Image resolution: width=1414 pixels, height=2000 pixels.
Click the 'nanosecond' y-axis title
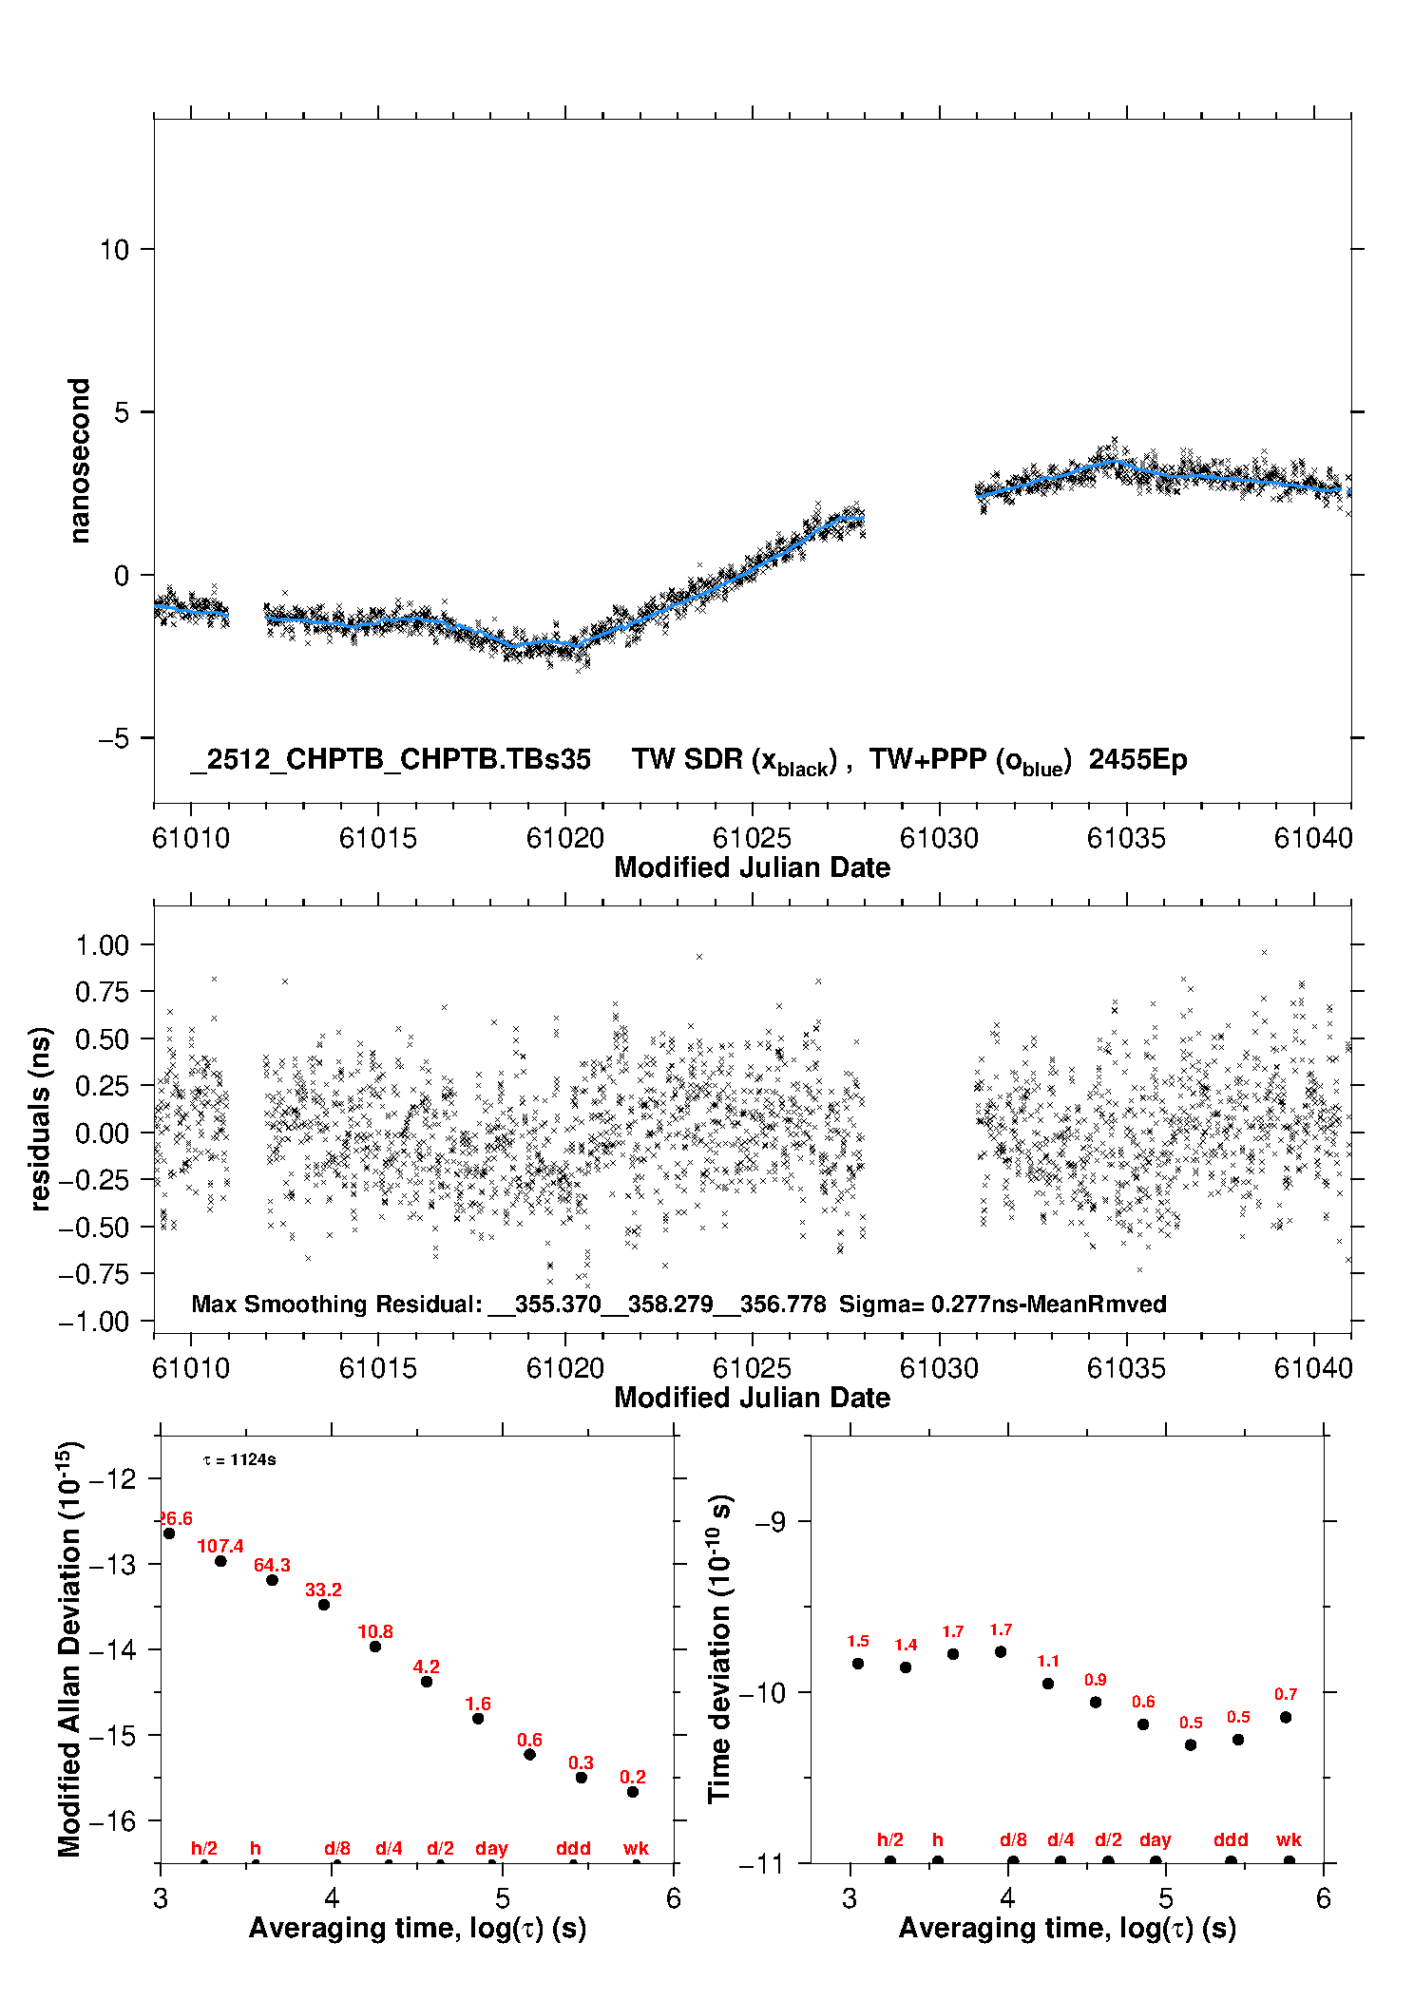[x=80, y=460]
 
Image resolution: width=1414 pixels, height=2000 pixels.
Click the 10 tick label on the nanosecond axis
[x=114, y=250]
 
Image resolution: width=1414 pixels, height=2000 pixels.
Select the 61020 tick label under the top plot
[x=565, y=838]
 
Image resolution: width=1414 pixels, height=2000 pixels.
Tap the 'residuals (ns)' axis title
[x=40, y=1118]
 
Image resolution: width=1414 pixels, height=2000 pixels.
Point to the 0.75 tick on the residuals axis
[x=102, y=992]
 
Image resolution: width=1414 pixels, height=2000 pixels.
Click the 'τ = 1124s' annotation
[x=239, y=1459]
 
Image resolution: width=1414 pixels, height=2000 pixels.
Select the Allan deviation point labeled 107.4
[x=220, y=1561]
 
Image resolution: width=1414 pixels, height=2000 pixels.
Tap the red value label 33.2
[x=323, y=1590]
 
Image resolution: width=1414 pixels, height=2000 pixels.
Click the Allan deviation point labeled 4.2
[x=427, y=1682]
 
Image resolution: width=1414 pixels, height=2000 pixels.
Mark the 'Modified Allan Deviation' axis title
[x=70, y=1648]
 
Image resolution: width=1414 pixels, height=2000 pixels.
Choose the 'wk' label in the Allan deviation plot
[x=636, y=1848]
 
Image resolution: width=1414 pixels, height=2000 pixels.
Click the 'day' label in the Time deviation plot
[x=1156, y=1839]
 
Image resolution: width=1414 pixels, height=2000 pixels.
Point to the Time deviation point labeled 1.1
[x=1048, y=1684]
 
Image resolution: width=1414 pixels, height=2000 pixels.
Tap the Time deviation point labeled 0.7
[x=1286, y=1717]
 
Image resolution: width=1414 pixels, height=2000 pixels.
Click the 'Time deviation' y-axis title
[x=720, y=1648]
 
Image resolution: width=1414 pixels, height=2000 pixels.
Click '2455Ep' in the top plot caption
[x=1137, y=760]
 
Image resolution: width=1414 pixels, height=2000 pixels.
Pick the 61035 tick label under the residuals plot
[x=1126, y=1368]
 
